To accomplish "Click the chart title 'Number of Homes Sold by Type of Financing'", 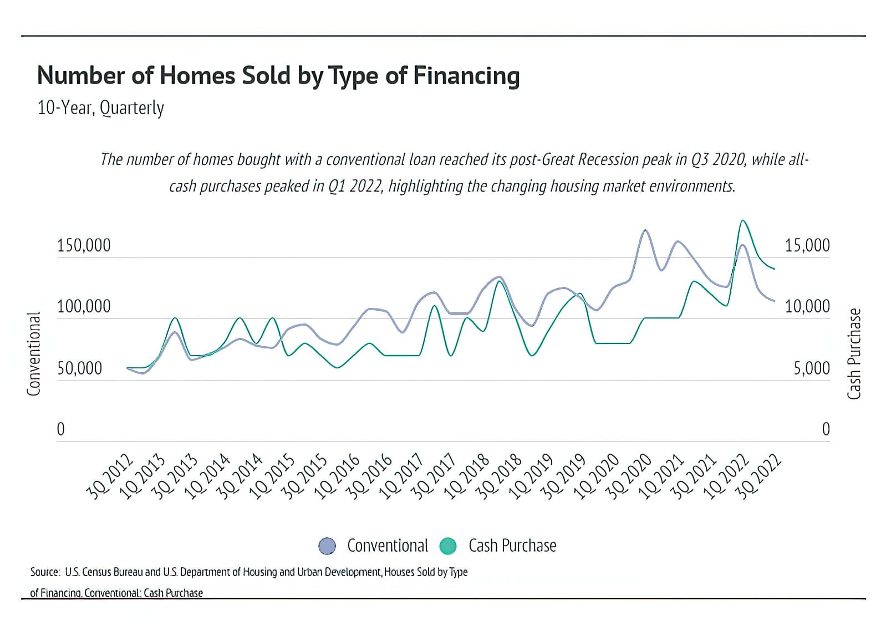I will [278, 76].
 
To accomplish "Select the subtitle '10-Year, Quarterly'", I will [100, 107].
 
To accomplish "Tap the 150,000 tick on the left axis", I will [84, 245].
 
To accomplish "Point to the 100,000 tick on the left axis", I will [84, 306].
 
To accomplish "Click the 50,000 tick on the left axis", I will [79, 368].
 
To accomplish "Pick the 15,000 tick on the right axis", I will [807, 245].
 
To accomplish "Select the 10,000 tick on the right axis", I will [807, 306].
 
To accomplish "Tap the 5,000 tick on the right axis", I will [811, 368].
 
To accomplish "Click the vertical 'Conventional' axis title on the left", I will [34, 353].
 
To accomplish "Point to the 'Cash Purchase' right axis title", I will [854, 353].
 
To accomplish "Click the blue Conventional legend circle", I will [327, 546].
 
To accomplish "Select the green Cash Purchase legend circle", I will [447, 546].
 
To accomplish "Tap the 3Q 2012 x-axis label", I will [110, 476].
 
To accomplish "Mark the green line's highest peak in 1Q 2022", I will [743, 221].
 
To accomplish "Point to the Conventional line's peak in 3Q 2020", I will [645, 230].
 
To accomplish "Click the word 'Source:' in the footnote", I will [44, 572].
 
